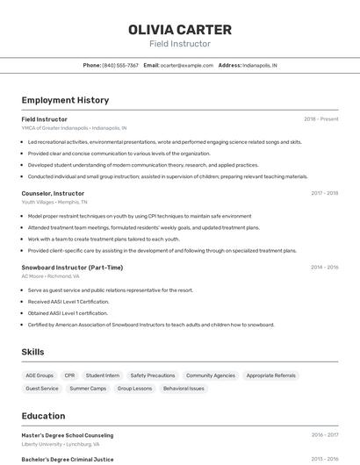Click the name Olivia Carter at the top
click(180, 29)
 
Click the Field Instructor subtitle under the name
click(180, 43)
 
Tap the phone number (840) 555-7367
click(120, 65)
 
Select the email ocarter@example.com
click(187, 65)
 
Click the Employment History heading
click(65, 100)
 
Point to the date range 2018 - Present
click(321, 118)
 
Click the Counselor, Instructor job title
click(53, 193)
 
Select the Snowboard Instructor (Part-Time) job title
click(72, 267)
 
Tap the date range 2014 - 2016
click(324, 267)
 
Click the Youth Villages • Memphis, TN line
click(55, 202)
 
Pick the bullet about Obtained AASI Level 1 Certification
click(68, 312)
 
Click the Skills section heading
click(33, 352)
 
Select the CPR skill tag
click(69, 376)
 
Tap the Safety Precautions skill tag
click(153, 376)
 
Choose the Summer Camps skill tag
click(88, 388)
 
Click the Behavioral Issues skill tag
click(184, 388)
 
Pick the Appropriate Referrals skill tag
click(271, 376)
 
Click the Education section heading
click(43, 416)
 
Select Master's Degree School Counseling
click(68, 435)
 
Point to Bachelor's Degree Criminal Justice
click(68, 458)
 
